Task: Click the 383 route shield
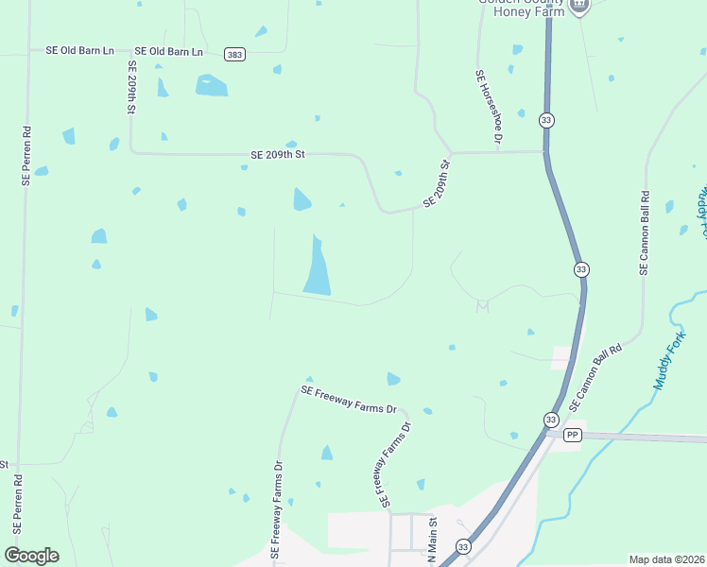coord(234,55)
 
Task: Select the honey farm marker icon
coord(578,5)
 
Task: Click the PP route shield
coord(572,435)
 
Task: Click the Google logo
coord(31,555)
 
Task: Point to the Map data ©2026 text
coord(666,559)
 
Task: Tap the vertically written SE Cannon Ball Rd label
coord(645,233)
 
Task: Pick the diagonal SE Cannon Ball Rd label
coord(595,378)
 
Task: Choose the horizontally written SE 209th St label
coord(278,153)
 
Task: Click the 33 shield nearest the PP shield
coord(550,419)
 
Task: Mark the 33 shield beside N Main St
coord(462,546)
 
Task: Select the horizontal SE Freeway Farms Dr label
coord(349,399)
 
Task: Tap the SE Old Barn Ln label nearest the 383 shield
coord(169,51)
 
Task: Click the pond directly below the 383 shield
coord(212,86)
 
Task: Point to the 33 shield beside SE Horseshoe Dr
coord(546,120)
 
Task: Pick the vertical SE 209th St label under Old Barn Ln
coord(131,91)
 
